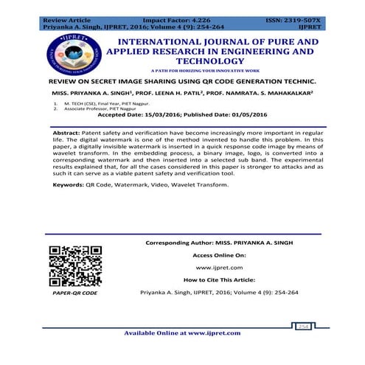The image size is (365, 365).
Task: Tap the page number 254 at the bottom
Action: click(x=304, y=325)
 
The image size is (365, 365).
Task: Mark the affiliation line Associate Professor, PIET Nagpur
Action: click(x=103, y=109)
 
